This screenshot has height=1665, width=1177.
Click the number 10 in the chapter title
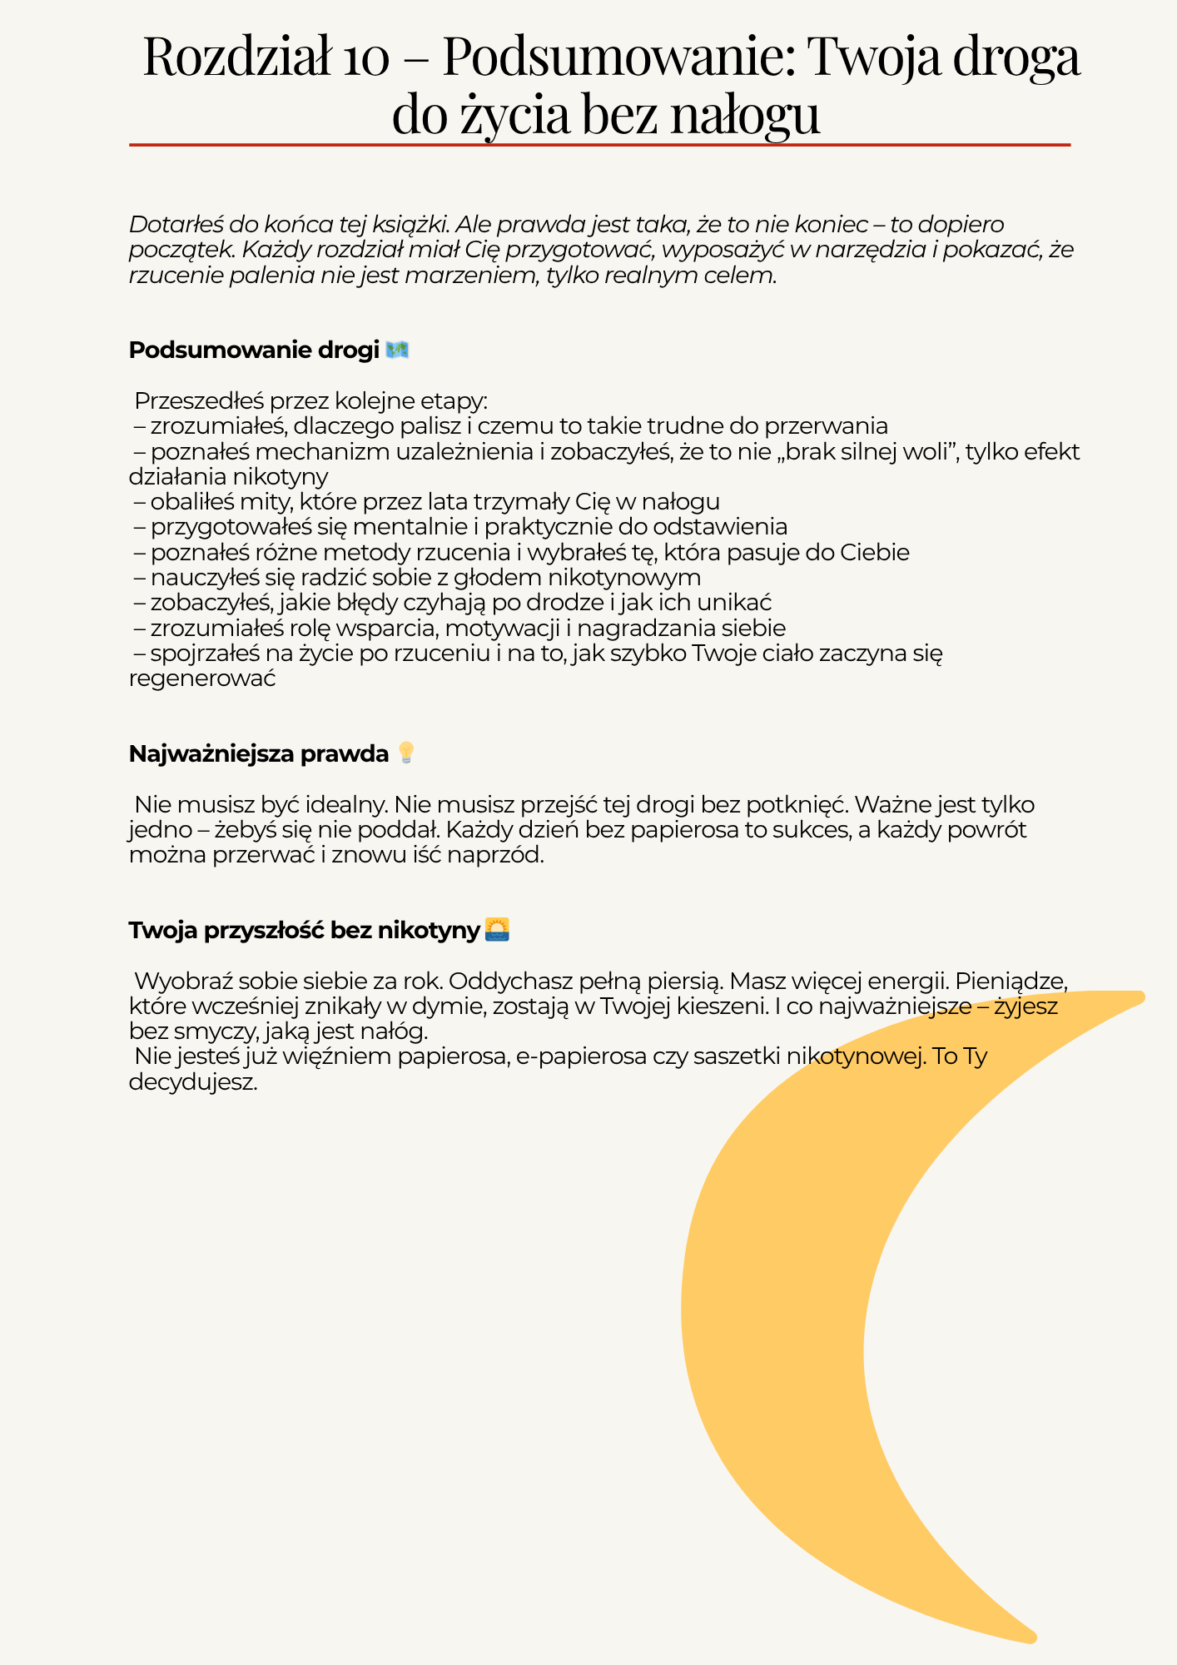pos(362,57)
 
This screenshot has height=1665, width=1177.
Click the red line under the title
pos(599,145)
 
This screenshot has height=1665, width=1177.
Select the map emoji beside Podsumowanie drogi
pos(397,350)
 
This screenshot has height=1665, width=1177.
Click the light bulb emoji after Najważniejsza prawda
pos(406,753)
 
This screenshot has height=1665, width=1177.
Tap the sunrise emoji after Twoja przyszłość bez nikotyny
pos(497,930)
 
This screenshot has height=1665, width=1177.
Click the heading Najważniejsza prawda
pos(259,754)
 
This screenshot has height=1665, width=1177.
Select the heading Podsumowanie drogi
pos(254,350)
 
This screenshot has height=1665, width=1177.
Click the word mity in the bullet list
pos(263,502)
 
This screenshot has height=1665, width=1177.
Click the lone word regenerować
pos(202,678)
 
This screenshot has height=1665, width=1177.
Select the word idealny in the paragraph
pos(346,805)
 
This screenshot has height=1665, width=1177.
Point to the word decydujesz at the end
pos(193,1082)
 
